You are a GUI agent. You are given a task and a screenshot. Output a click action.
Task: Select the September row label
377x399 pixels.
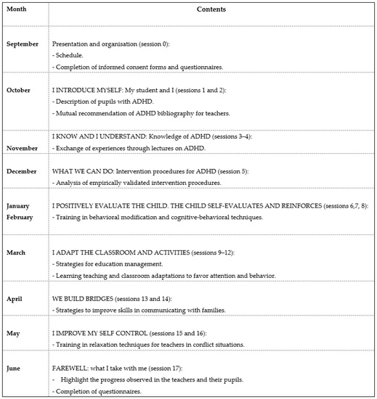[23, 44]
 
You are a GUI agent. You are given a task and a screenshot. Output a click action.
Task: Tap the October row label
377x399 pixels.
[20, 90]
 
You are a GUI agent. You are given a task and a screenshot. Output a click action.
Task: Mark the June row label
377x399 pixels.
[15, 369]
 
